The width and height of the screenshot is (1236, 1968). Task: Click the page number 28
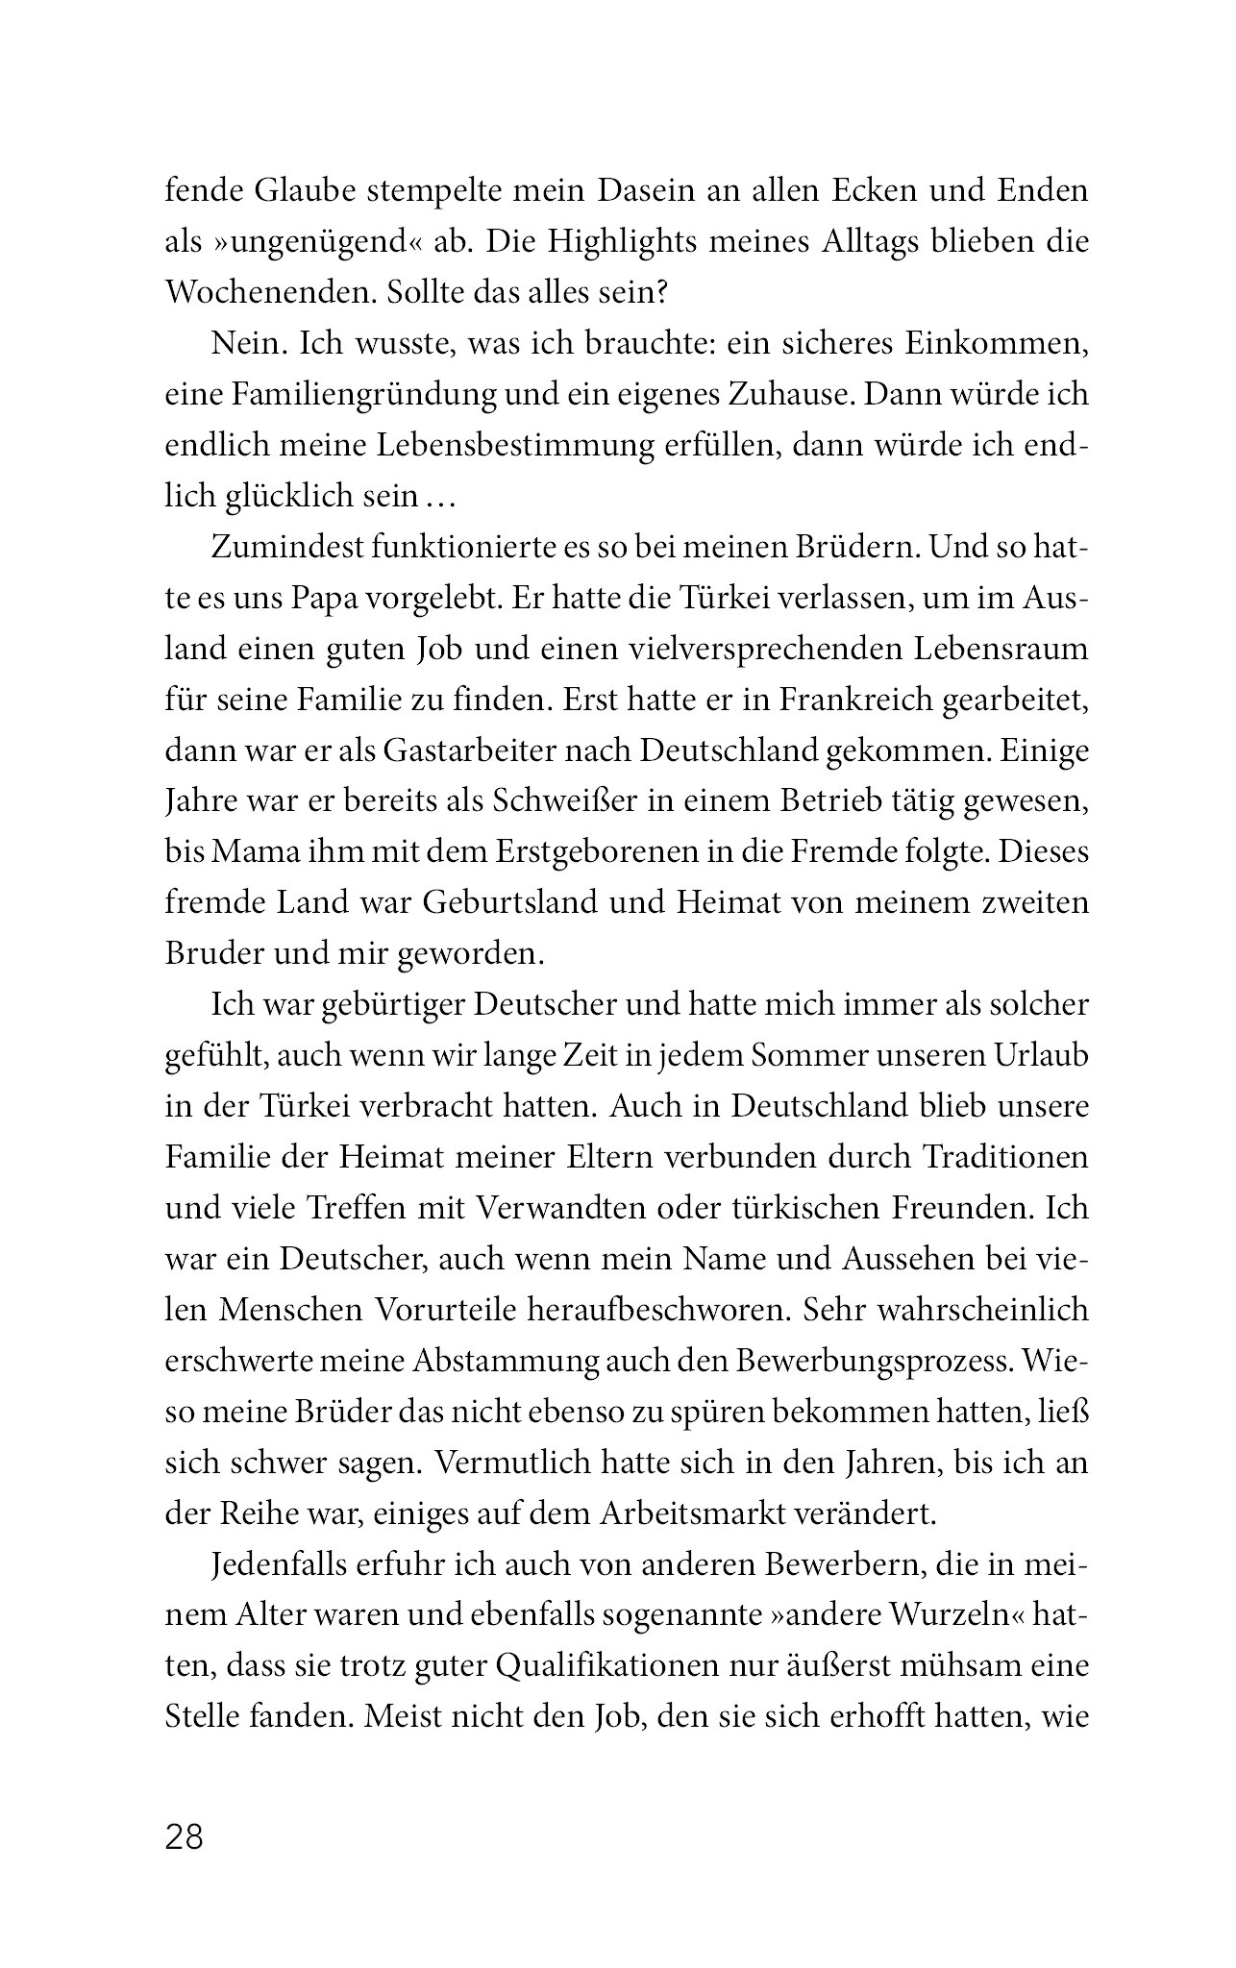[x=185, y=1836]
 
